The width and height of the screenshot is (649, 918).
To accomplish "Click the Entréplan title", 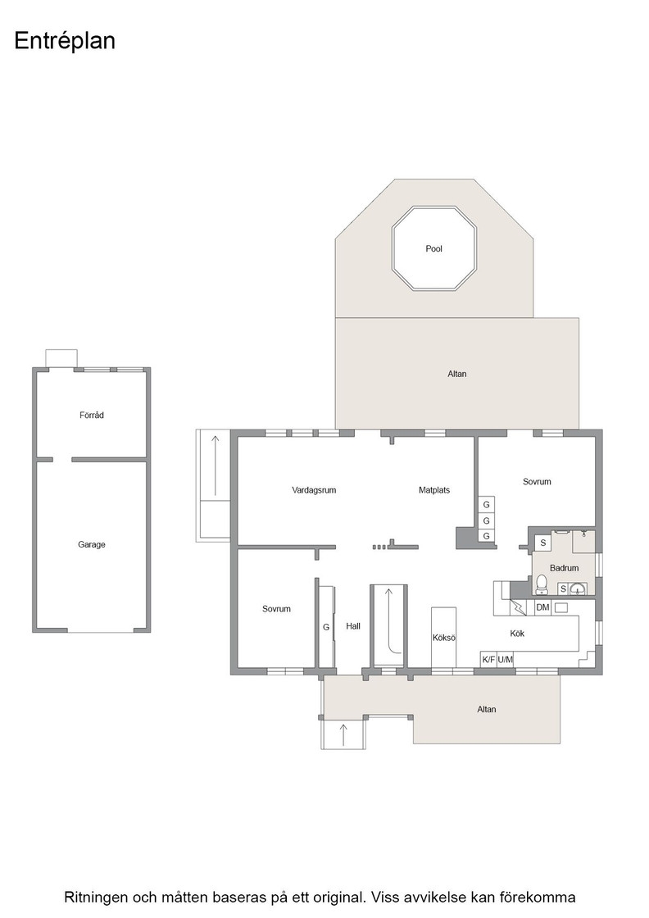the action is click(65, 41).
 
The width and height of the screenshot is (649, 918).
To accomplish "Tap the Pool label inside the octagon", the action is click(433, 249).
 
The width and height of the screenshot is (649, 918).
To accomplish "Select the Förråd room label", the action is click(91, 415).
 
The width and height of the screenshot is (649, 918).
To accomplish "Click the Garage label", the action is click(91, 544).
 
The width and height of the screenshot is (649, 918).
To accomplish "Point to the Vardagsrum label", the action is click(314, 490).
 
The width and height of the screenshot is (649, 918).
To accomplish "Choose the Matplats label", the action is click(434, 490).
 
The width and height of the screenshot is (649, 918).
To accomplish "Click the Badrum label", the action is click(564, 568).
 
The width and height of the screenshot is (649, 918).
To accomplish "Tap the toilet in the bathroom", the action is click(542, 584).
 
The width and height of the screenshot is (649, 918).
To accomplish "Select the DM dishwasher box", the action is click(542, 607).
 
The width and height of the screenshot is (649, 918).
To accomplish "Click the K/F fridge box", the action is click(488, 659).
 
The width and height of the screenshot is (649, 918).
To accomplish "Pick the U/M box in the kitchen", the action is click(505, 659).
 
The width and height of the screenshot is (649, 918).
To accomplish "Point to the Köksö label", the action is click(443, 638).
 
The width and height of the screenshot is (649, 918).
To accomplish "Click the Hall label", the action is click(353, 626).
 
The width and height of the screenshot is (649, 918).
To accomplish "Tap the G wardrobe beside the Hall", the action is click(326, 627).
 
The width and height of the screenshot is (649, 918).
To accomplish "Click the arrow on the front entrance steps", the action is click(343, 734).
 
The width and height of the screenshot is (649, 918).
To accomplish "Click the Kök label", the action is click(517, 634).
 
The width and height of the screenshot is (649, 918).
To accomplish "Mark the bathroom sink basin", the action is click(579, 589).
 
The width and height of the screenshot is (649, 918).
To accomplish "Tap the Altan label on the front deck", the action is click(486, 709).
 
